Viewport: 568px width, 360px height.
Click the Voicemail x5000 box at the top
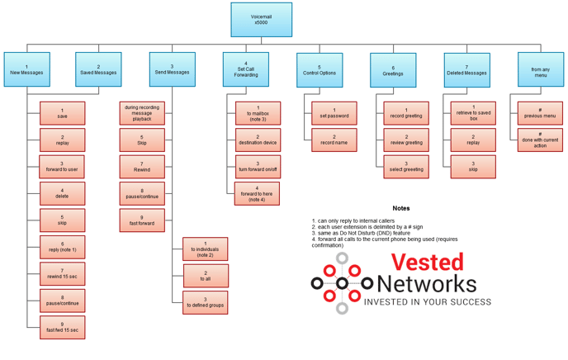pyautogui.click(x=261, y=20)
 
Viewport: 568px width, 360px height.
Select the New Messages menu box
pyautogui.click(x=26, y=70)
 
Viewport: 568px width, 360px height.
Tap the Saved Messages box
pyautogui.click(x=98, y=70)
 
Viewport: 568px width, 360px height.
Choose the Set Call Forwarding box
pyautogui.click(x=245, y=70)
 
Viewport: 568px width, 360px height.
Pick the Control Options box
pyautogui.click(x=319, y=70)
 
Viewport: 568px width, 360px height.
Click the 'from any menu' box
pyautogui.click(x=541, y=70)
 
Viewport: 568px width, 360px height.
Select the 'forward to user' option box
pyautogui.click(x=62, y=167)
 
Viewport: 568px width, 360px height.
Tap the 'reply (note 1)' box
pyautogui.click(x=62, y=247)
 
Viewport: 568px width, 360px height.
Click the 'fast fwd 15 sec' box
pyautogui.click(x=62, y=327)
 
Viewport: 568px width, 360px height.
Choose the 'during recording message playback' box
pyautogui.click(x=142, y=113)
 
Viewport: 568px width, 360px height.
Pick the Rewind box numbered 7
pyautogui.click(x=142, y=167)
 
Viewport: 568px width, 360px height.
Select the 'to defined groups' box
pyautogui.click(x=205, y=302)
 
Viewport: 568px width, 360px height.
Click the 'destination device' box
pyautogui.click(x=258, y=140)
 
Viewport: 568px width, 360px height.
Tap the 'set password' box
pyautogui.click(x=334, y=113)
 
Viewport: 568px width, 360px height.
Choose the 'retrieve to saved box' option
pyautogui.click(x=473, y=113)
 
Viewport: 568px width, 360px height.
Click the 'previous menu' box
pyautogui.click(x=540, y=113)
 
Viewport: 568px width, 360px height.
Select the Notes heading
pyautogui.click(x=401, y=208)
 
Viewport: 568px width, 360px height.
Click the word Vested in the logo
pyautogui.click(x=427, y=263)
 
